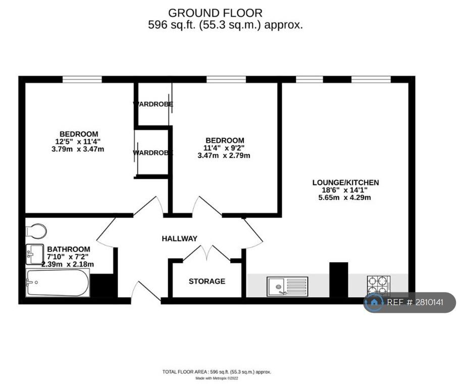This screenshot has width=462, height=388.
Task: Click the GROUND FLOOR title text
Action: (x=215, y=13)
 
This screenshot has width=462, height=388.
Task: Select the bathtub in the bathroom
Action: (x=57, y=283)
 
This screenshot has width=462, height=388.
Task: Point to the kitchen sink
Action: (x=287, y=286)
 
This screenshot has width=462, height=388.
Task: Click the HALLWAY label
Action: (x=179, y=238)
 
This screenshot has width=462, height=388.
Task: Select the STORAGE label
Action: (x=207, y=281)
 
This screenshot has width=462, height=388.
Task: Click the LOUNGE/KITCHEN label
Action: (x=345, y=182)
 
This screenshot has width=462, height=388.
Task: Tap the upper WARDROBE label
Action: (x=153, y=104)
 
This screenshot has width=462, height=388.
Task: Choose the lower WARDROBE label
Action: (x=153, y=152)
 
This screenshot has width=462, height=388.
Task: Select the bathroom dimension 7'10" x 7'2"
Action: (x=68, y=257)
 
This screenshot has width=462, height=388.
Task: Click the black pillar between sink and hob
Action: (x=338, y=279)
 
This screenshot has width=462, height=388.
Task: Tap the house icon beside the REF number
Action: (x=374, y=303)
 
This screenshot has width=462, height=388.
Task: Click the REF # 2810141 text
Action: (x=415, y=303)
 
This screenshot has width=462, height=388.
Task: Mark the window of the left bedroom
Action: (x=82, y=79)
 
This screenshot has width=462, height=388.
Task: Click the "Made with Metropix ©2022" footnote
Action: (x=217, y=378)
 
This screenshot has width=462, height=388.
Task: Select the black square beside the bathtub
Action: (x=103, y=285)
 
